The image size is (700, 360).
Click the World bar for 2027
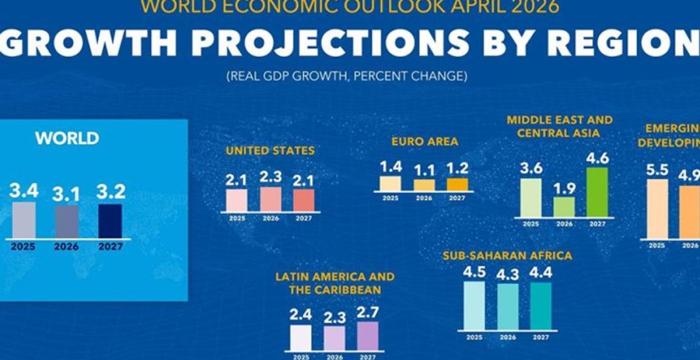point(110,221)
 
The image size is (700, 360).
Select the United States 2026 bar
point(270,199)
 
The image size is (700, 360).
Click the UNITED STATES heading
point(270,150)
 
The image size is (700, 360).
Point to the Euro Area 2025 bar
point(390,183)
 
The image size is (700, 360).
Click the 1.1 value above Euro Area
point(424,171)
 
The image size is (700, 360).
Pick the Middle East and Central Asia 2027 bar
point(597,192)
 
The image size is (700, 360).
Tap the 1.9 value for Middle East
point(564,188)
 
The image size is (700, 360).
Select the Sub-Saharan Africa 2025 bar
point(474,305)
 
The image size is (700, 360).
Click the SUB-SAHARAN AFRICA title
point(507,256)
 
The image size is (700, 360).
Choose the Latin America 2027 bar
point(367,335)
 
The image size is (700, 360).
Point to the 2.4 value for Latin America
point(300,315)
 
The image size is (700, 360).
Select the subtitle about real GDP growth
point(347,76)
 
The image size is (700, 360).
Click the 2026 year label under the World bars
point(66,247)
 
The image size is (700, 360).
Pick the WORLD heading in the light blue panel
point(67,138)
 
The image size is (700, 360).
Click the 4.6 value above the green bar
point(597,158)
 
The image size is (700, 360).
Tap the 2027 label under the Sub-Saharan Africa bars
point(540,337)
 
